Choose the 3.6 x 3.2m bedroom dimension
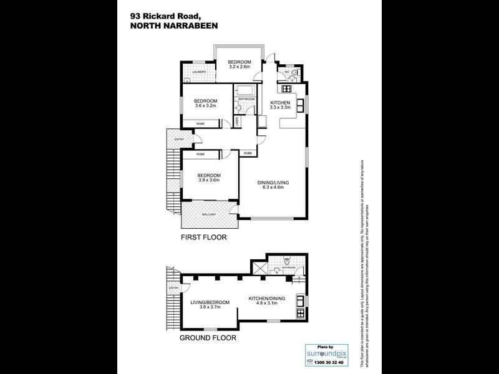[205, 107]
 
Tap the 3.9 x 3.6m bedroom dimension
[209, 180]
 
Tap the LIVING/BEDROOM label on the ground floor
[210, 302]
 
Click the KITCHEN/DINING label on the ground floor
[266, 299]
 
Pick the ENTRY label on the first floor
[179, 139]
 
